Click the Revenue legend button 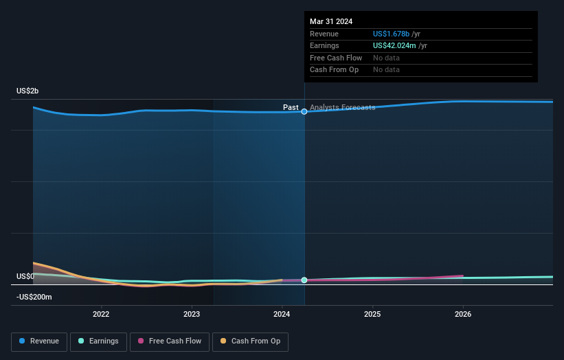click(39, 341)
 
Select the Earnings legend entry click(98, 341)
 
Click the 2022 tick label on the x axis click(101, 315)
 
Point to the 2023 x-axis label click(192, 315)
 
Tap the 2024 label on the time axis click(282, 315)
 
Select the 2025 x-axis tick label click(372, 315)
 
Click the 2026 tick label click(463, 315)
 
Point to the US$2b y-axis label click(28, 91)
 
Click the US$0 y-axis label click(25, 276)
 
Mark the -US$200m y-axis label click(34, 297)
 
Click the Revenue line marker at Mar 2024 click(304, 111)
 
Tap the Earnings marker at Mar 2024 click(304, 280)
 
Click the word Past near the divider click(291, 107)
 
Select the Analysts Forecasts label click(342, 107)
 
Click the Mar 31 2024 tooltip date click(331, 21)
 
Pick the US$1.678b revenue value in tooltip click(391, 34)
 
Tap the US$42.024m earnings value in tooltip click(395, 45)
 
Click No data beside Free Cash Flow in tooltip click(386, 58)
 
